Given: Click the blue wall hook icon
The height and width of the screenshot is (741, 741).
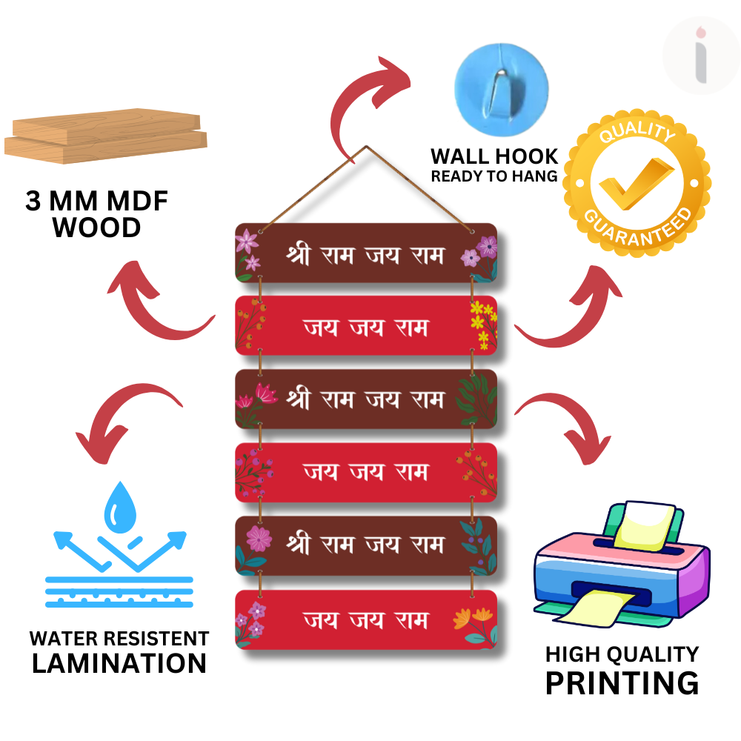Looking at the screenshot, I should pyautogui.click(x=501, y=87).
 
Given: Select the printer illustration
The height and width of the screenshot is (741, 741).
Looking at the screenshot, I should pyautogui.click(x=621, y=566).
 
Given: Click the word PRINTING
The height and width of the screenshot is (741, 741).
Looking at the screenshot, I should pyautogui.click(x=622, y=682).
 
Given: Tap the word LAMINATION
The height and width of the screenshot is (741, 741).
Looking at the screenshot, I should pyautogui.click(x=119, y=663).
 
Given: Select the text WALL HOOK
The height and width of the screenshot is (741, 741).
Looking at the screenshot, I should pyautogui.click(x=494, y=156).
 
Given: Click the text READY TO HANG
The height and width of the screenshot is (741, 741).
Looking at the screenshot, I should pyautogui.click(x=494, y=176).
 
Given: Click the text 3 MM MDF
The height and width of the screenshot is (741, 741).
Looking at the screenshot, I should pyautogui.click(x=97, y=202).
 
